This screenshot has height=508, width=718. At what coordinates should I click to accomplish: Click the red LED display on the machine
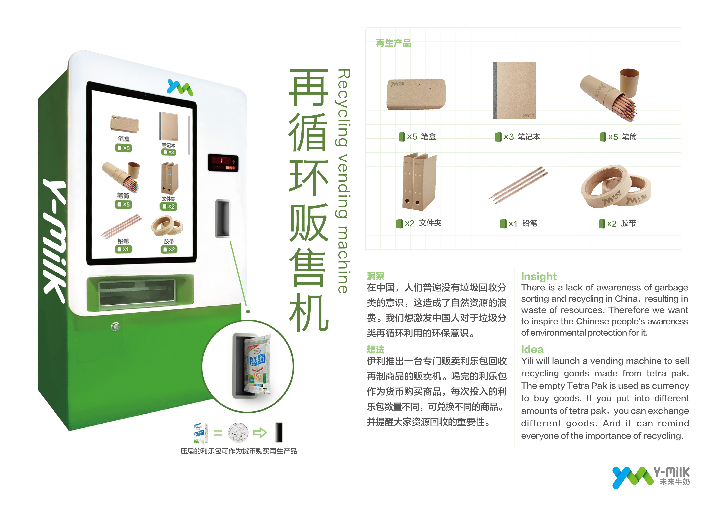click(223, 163)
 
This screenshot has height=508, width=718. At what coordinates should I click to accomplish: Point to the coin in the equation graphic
click(238, 433)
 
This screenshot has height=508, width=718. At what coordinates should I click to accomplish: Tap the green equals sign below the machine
click(218, 433)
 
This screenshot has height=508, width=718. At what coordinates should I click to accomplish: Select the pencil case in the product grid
click(416, 94)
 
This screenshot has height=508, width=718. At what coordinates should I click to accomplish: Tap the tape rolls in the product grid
click(615, 187)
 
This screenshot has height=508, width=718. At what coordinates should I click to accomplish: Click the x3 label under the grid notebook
click(508, 137)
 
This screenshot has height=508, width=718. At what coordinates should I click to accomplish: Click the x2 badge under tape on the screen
click(169, 249)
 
